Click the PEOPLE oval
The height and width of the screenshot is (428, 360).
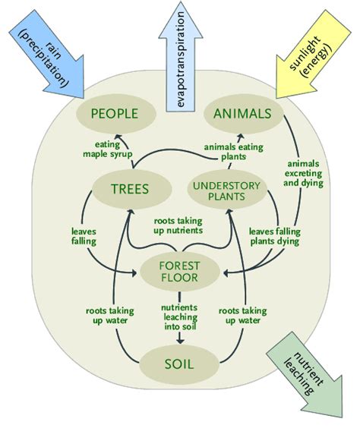[115, 114]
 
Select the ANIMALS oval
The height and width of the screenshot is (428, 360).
[243, 114]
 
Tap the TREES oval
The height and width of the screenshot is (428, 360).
[131, 189]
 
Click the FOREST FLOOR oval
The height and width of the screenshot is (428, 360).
[180, 272]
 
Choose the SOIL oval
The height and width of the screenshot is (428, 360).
[179, 364]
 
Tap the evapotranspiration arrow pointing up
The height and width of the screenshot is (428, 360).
[181, 58]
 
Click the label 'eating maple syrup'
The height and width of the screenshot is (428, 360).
[107, 149]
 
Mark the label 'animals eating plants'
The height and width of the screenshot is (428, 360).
[234, 152]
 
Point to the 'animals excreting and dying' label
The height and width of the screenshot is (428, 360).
[304, 173]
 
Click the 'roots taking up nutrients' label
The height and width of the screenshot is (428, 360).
[178, 225]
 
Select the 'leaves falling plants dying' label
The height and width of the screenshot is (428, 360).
[275, 236]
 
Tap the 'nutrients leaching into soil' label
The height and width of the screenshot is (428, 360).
[179, 317]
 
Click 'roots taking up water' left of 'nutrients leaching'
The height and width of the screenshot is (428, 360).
[110, 316]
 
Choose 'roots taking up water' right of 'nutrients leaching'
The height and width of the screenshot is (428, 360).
[243, 316]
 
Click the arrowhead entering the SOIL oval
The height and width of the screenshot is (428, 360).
[179, 341]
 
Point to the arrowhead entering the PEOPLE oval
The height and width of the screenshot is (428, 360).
[118, 137]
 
